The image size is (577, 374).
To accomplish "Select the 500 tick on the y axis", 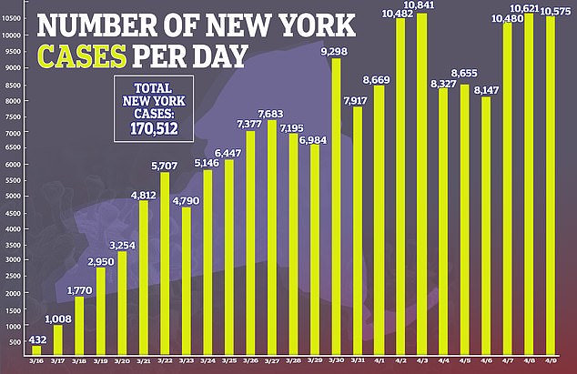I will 15,342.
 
